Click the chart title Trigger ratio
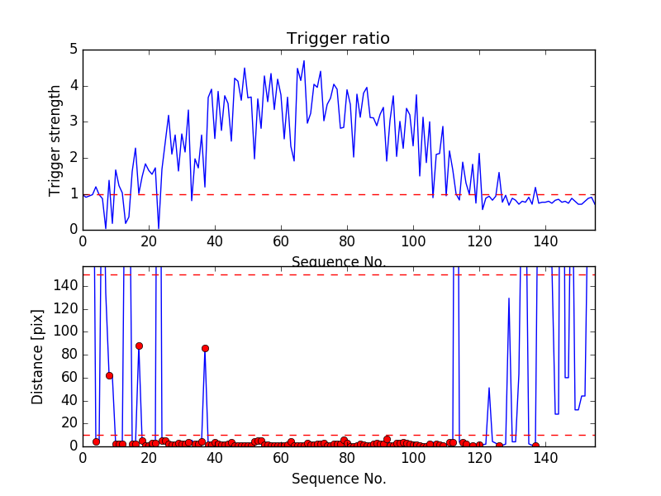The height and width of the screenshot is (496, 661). (338, 39)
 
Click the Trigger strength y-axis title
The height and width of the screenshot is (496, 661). (55, 140)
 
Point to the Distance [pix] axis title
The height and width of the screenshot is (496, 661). (38, 355)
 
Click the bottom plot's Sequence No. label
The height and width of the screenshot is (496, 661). (339, 479)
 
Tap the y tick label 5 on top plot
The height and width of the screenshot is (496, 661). (74, 50)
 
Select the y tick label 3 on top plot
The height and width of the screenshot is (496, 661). (74, 122)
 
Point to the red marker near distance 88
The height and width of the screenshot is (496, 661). (139, 346)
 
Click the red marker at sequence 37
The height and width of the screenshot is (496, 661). (205, 348)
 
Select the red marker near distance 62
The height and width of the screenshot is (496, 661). (109, 375)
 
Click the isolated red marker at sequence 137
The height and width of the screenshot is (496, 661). (535, 446)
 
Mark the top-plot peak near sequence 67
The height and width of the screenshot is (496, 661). (304, 60)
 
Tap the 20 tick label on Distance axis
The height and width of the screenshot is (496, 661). (69, 422)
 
